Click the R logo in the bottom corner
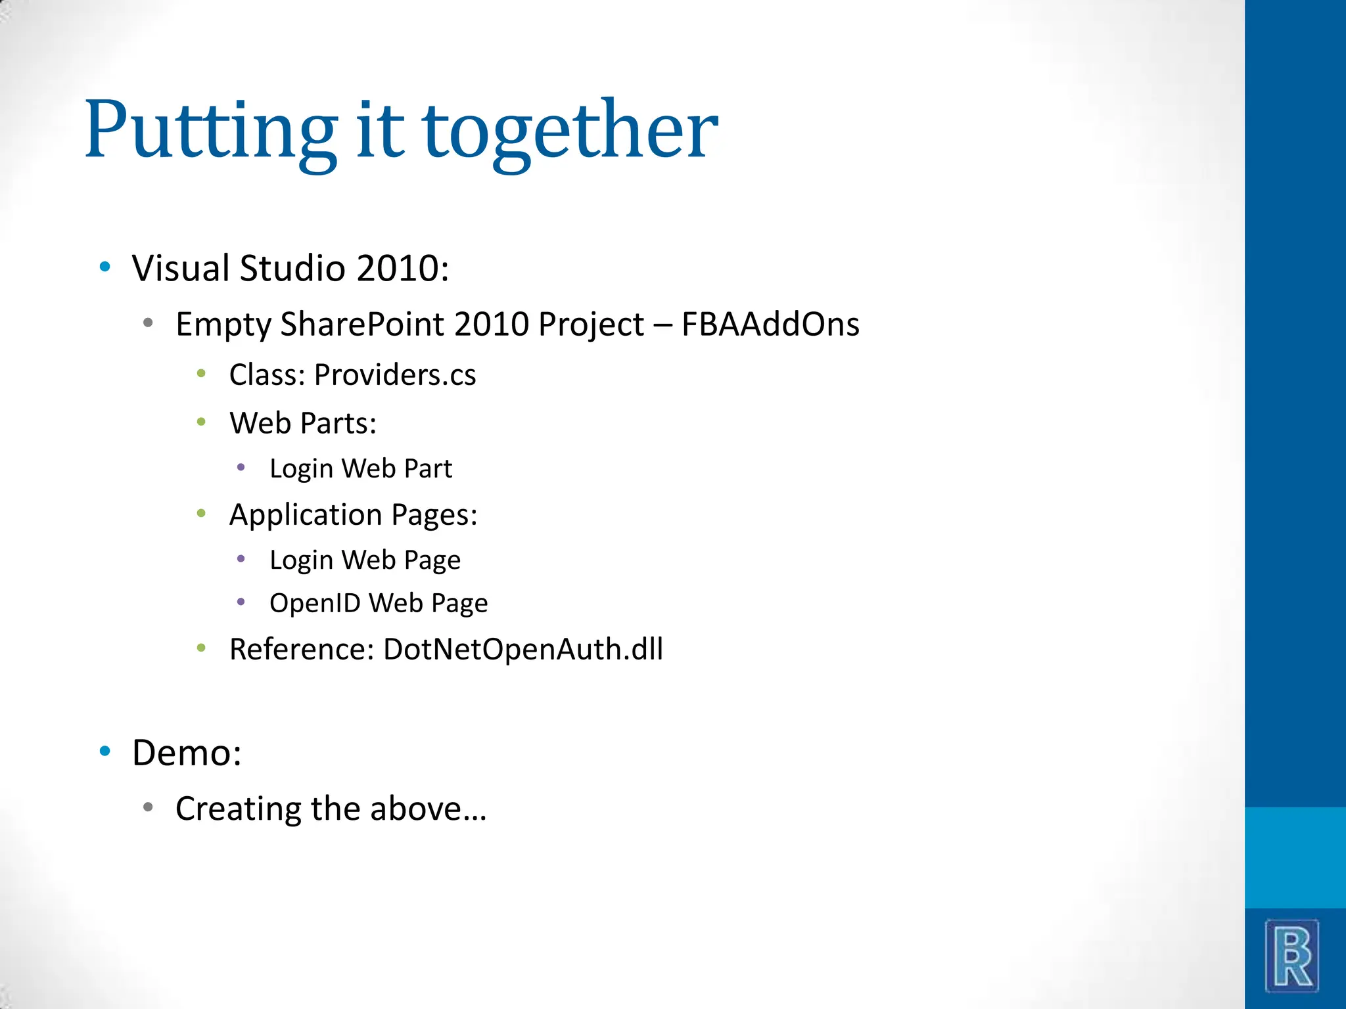coord(1291,955)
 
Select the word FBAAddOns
coord(770,325)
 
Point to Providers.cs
coord(394,375)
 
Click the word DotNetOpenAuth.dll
coord(523,649)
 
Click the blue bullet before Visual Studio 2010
coord(104,267)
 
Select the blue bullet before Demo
coord(104,751)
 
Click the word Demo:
coord(187,753)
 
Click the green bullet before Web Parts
coord(201,422)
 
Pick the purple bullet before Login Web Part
coord(241,468)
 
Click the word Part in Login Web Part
coord(428,468)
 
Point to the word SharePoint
coord(362,325)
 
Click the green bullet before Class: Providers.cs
coord(201,374)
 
